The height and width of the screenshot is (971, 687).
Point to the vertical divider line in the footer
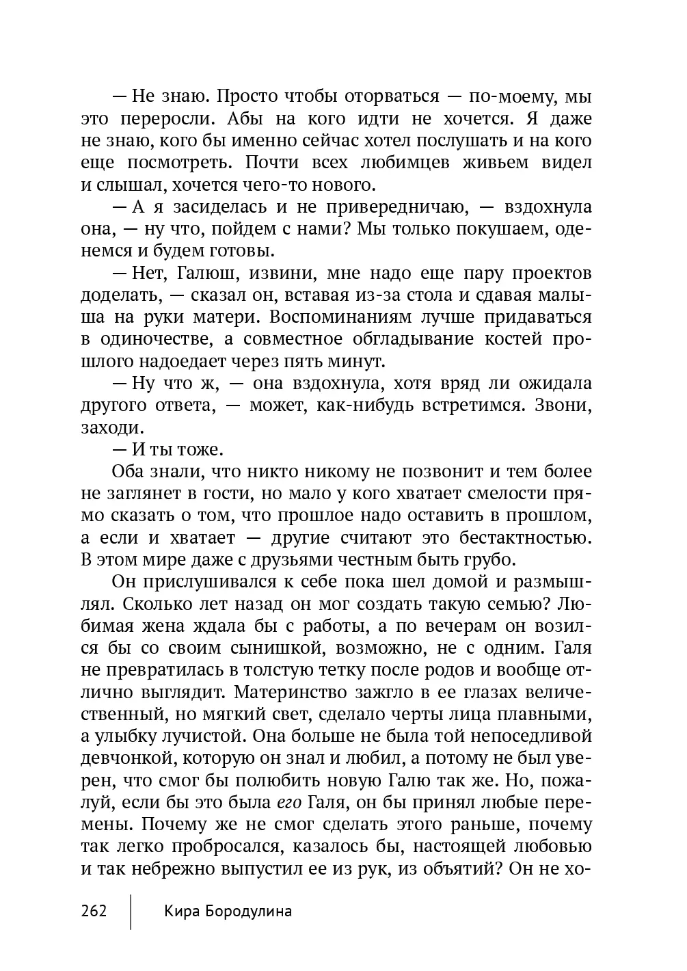click(x=131, y=911)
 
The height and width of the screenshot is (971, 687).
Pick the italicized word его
click(x=288, y=802)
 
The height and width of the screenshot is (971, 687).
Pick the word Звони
click(x=563, y=405)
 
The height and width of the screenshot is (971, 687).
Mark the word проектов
click(x=552, y=274)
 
